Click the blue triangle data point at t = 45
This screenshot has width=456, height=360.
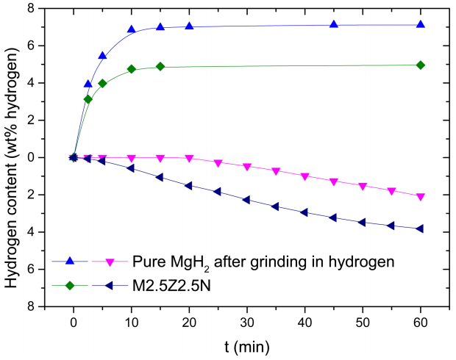pos(334,24)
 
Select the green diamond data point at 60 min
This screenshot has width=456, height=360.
pos(420,65)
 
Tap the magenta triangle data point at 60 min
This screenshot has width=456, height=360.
pos(420,197)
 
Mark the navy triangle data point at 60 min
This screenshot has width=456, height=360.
pos(420,228)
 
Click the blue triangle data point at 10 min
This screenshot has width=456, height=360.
pos(132,29)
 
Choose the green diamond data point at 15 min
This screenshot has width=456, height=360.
pos(160,66)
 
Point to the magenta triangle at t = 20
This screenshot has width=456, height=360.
pos(189,158)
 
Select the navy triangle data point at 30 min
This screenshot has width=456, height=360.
pos(246,200)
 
